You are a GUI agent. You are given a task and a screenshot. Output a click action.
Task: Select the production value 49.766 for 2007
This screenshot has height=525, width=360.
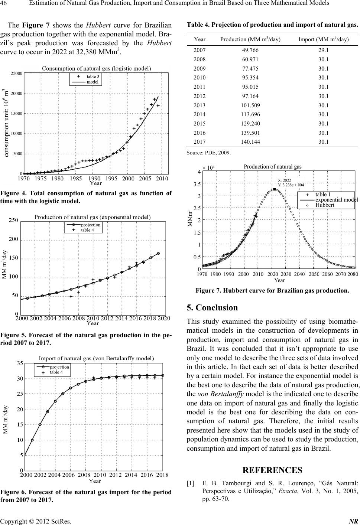(250, 50)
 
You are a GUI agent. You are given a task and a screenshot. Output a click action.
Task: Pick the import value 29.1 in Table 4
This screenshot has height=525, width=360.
(324, 50)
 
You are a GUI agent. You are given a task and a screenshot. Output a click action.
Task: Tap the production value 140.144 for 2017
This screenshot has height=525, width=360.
(250, 141)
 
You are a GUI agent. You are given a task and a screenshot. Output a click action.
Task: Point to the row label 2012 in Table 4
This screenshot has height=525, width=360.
(200, 96)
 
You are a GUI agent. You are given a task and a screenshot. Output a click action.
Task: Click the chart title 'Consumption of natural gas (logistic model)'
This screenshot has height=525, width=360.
(96, 68)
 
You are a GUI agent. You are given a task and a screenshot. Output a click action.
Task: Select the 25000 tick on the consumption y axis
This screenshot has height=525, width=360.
(16, 74)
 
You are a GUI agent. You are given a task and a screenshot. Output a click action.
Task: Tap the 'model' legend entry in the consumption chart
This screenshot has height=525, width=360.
(93, 82)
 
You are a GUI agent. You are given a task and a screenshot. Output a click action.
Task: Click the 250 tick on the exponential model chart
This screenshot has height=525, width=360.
(13, 221)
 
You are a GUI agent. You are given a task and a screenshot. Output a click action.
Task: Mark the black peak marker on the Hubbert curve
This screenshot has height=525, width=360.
(274, 189)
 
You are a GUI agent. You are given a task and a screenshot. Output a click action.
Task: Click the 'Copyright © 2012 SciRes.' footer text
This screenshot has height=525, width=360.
(36, 521)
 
